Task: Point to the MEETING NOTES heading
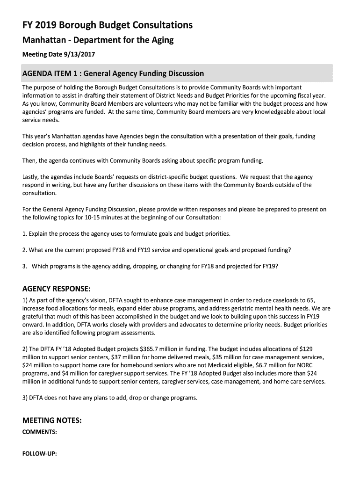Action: (x=52, y=421)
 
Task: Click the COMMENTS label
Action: (x=40, y=432)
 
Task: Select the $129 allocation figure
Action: (x=306, y=349)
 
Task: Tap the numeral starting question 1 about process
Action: (x=24, y=233)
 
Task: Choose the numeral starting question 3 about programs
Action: (x=24, y=266)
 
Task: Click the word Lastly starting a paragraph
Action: (x=31, y=177)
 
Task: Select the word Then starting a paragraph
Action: (x=29, y=160)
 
